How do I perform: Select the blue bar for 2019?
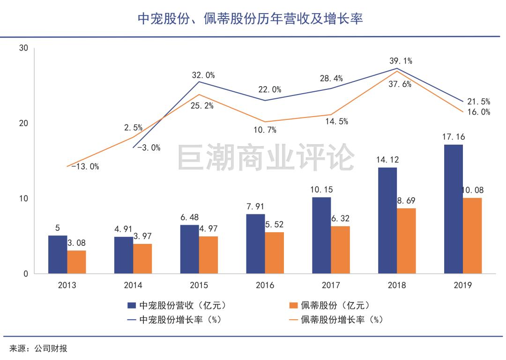click(x=453, y=209)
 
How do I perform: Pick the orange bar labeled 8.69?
click(x=406, y=241)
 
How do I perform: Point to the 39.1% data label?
click(x=401, y=61)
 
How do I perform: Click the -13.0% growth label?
click(x=85, y=166)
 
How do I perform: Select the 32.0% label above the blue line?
click(x=203, y=75)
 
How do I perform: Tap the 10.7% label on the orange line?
click(x=265, y=130)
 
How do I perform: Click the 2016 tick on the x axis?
click(x=265, y=285)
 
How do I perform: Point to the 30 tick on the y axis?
click(x=24, y=48)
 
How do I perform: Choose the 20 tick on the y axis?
click(x=24, y=123)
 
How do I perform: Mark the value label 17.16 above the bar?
click(x=453, y=137)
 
